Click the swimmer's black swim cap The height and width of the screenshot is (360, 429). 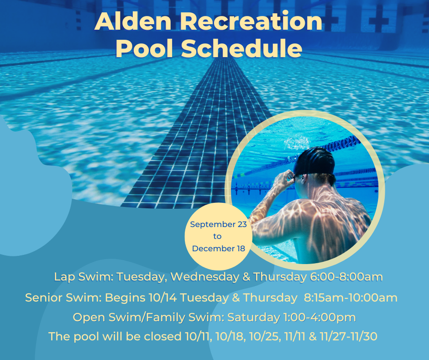314,161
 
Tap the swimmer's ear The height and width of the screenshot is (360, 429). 303,179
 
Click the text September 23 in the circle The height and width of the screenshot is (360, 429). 218,224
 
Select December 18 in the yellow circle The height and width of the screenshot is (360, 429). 218,249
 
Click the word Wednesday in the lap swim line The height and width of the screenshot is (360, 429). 205,277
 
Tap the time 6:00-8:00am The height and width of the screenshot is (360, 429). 346,277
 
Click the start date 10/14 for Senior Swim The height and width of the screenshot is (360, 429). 163,297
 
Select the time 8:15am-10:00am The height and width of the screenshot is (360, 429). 351,297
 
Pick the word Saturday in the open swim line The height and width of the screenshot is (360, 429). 254,318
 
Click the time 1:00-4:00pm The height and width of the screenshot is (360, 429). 319,317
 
